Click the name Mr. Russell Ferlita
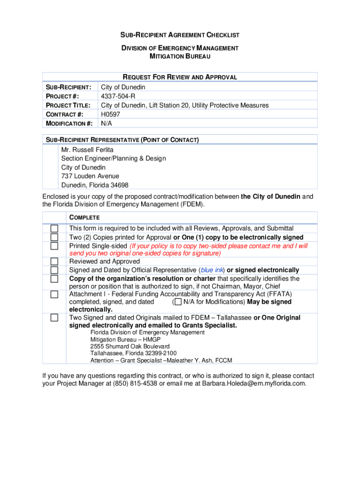point(87,150)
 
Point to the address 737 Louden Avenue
point(90,176)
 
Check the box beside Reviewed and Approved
point(55,261)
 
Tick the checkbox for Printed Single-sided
point(55,246)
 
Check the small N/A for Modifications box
point(178,302)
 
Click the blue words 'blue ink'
point(212,270)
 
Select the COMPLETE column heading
point(84,218)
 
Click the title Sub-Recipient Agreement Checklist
point(180,35)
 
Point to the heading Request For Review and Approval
point(180,77)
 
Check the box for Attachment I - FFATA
point(55,294)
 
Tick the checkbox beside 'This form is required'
point(55,228)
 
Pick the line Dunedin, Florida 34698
point(94,185)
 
